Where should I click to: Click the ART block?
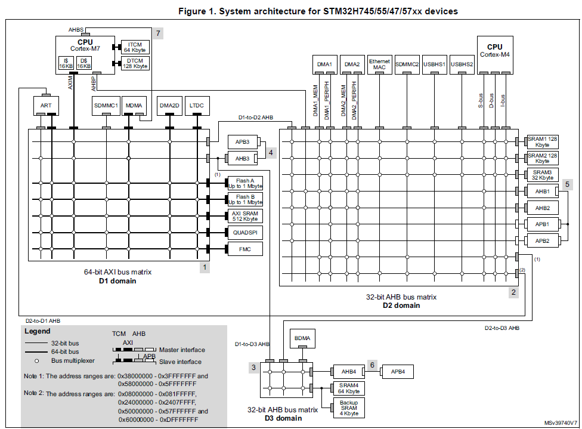point(46,106)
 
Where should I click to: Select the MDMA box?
point(135,106)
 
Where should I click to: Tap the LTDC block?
point(197,106)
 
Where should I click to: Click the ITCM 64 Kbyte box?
point(135,47)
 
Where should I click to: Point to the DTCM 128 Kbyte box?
point(135,63)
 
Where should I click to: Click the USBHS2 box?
point(462,64)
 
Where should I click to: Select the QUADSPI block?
point(244,232)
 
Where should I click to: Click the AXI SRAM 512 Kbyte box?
point(244,216)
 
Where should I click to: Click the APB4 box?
point(397,371)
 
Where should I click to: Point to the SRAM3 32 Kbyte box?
point(542,175)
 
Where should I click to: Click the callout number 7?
point(158,33)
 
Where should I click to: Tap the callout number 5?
point(567,184)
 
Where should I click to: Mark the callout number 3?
point(253,368)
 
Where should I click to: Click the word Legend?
point(38,331)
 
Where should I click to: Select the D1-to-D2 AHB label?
point(255,117)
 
